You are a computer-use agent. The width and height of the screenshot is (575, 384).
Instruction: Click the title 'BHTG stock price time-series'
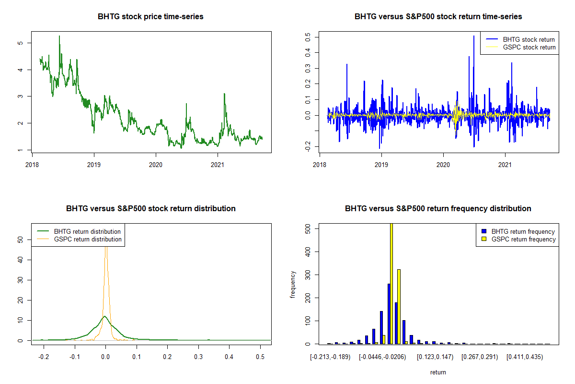point(150,17)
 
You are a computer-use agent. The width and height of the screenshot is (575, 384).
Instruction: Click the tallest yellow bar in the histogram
point(391,283)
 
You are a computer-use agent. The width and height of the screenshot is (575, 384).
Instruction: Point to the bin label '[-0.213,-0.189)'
point(331,357)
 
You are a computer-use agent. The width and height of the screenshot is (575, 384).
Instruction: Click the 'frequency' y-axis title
point(293,284)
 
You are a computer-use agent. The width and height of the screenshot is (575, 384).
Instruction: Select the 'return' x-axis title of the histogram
point(438,372)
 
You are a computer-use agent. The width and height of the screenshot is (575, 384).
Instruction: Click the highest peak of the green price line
point(59,36)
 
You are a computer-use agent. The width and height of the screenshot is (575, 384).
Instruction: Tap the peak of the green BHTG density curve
point(104,316)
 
